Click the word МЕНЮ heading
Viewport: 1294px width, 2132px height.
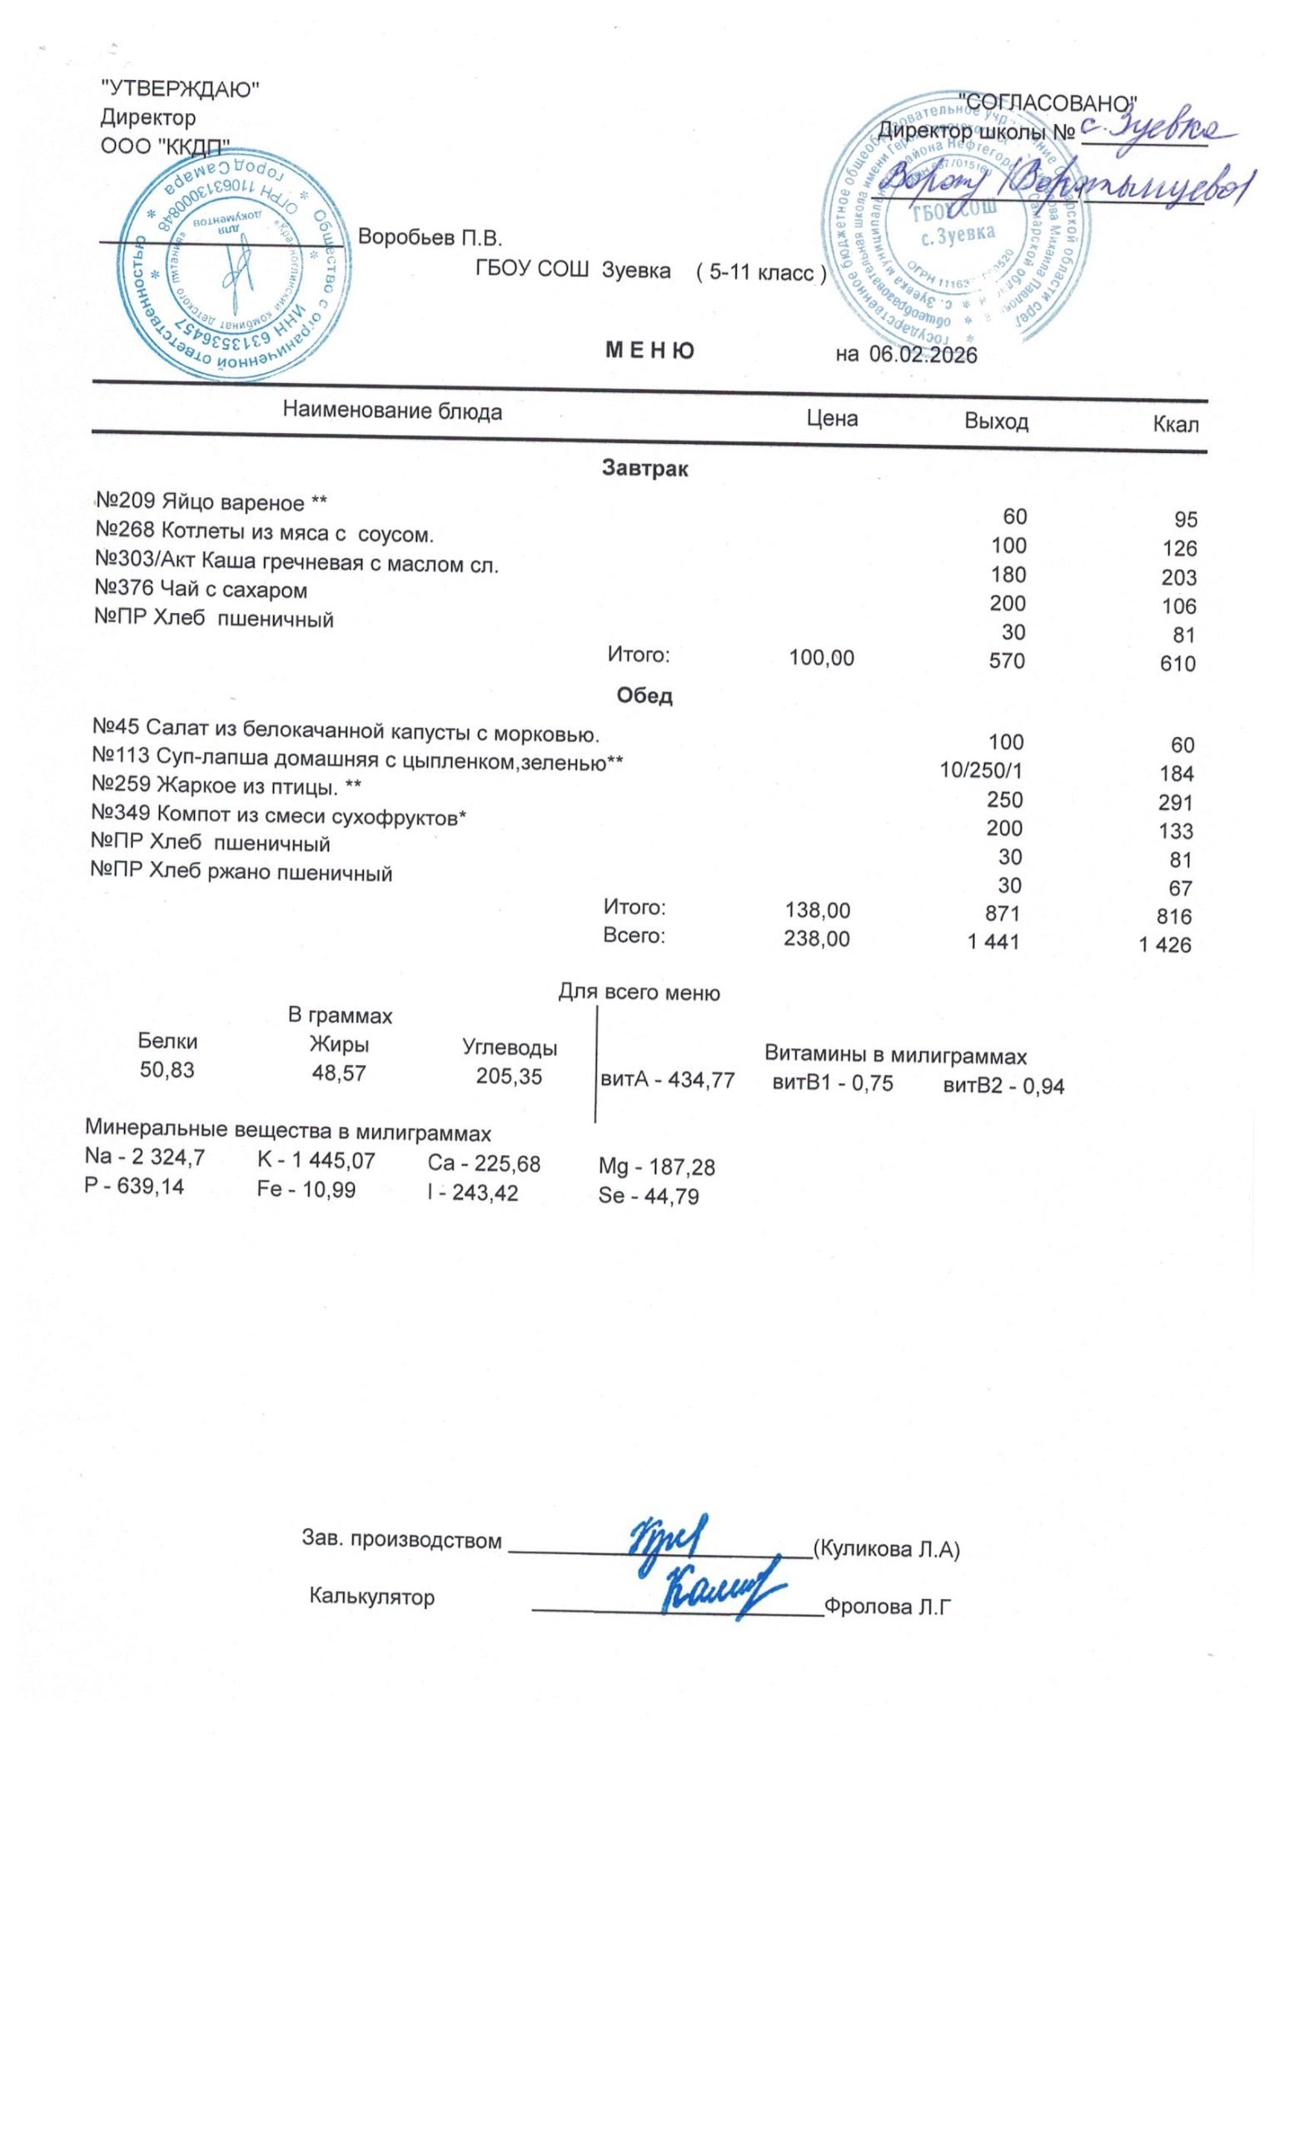(649, 351)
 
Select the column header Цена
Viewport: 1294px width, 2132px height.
(831, 419)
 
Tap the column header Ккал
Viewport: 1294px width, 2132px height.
(1175, 425)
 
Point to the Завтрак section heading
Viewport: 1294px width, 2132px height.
(645, 469)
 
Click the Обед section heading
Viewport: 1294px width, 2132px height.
(645, 695)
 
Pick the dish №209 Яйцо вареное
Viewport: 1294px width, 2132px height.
(211, 503)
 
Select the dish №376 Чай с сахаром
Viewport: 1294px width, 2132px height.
(201, 590)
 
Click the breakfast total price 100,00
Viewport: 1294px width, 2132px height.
(821, 659)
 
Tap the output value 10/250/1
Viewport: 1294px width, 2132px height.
(981, 770)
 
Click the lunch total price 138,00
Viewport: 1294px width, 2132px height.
(817, 910)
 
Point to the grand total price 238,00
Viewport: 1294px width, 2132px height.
(817, 939)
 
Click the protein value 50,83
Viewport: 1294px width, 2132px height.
(167, 1070)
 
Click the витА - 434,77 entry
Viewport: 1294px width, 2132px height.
(667, 1081)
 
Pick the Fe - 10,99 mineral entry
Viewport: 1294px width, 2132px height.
(306, 1191)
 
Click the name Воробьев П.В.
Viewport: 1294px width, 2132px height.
(430, 237)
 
